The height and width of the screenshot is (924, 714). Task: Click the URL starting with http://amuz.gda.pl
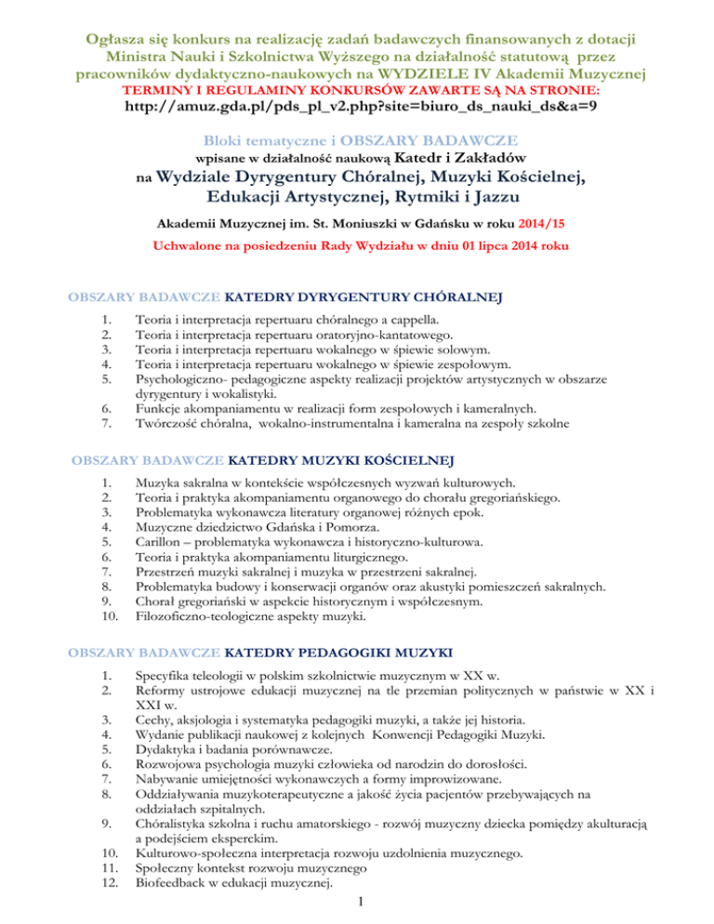[x=357, y=107]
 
